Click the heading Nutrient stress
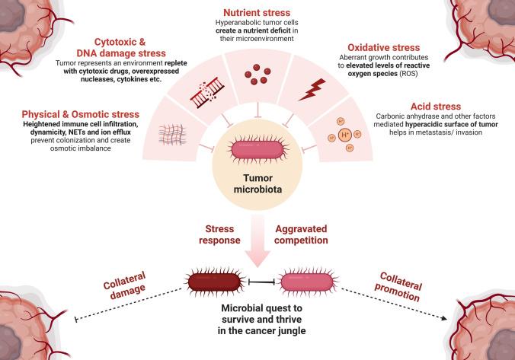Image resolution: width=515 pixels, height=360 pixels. (257, 13)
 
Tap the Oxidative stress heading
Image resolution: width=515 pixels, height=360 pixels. (384, 48)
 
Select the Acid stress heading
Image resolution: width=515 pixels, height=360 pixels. (436, 107)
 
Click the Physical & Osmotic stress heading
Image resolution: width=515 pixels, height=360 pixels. (81, 114)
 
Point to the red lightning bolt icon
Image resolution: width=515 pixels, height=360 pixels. (312, 90)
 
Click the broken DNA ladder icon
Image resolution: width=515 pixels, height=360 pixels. (207, 91)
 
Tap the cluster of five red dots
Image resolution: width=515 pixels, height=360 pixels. (257, 75)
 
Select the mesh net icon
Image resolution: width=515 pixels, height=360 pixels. (172, 135)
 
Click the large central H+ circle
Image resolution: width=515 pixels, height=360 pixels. (345, 135)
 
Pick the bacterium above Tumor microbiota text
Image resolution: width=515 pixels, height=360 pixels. (257, 151)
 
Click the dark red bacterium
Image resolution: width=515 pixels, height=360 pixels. (215, 282)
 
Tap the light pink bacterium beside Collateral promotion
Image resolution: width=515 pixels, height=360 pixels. (307, 282)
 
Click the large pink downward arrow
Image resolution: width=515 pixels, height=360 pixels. (257, 241)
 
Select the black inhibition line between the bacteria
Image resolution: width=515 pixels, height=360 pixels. (262, 282)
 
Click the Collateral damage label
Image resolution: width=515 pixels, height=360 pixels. (124, 285)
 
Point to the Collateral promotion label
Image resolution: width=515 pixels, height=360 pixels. (398, 287)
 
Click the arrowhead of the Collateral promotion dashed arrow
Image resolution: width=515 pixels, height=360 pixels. (444, 318)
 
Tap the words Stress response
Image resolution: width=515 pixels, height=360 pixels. (219, 234)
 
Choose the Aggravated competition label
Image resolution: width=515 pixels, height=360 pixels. (301, 234)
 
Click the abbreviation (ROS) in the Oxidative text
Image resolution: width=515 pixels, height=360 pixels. (408, 74)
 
